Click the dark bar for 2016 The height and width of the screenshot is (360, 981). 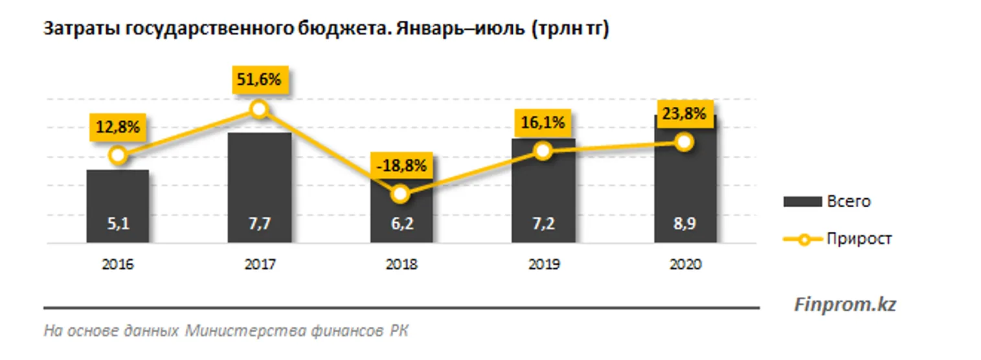117,206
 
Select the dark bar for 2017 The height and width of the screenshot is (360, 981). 259,188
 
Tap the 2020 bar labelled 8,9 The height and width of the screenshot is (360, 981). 685,194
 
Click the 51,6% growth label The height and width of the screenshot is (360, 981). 258,80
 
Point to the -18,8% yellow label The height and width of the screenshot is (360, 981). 401,166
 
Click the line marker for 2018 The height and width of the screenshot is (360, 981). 401,194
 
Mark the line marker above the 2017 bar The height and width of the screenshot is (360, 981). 259,109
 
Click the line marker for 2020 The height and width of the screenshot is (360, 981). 684,142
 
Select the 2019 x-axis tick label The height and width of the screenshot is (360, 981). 543,264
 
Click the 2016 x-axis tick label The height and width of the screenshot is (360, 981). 117,264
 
